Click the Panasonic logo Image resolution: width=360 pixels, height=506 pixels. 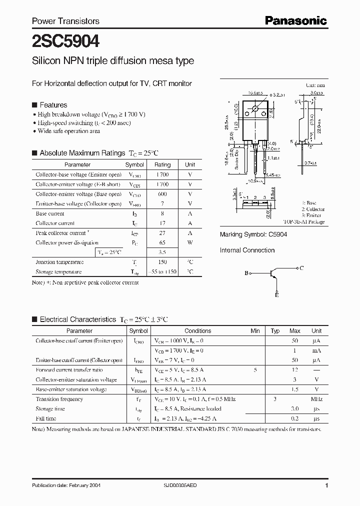point(295,20)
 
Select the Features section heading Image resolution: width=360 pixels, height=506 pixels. point(53,105)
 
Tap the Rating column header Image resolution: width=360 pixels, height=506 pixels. point(162,164)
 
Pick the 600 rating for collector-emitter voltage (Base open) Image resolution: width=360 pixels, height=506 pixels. point(162,194)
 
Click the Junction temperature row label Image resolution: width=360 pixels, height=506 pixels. point(59,262)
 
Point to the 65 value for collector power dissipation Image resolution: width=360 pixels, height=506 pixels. point(162,242)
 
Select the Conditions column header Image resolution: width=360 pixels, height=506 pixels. point(198,331)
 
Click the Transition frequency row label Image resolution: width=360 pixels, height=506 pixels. point(59,399)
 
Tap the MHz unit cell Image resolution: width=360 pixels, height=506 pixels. point(316,399)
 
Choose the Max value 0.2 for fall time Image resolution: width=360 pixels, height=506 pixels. point(295,418)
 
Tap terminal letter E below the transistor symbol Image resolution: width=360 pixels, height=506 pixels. point(276,295)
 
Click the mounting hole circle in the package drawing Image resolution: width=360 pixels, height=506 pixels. point(255,108)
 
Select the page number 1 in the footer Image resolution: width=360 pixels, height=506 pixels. point(326,485)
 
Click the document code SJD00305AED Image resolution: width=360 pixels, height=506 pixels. point(184,486)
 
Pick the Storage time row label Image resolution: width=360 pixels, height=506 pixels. point(50,409)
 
